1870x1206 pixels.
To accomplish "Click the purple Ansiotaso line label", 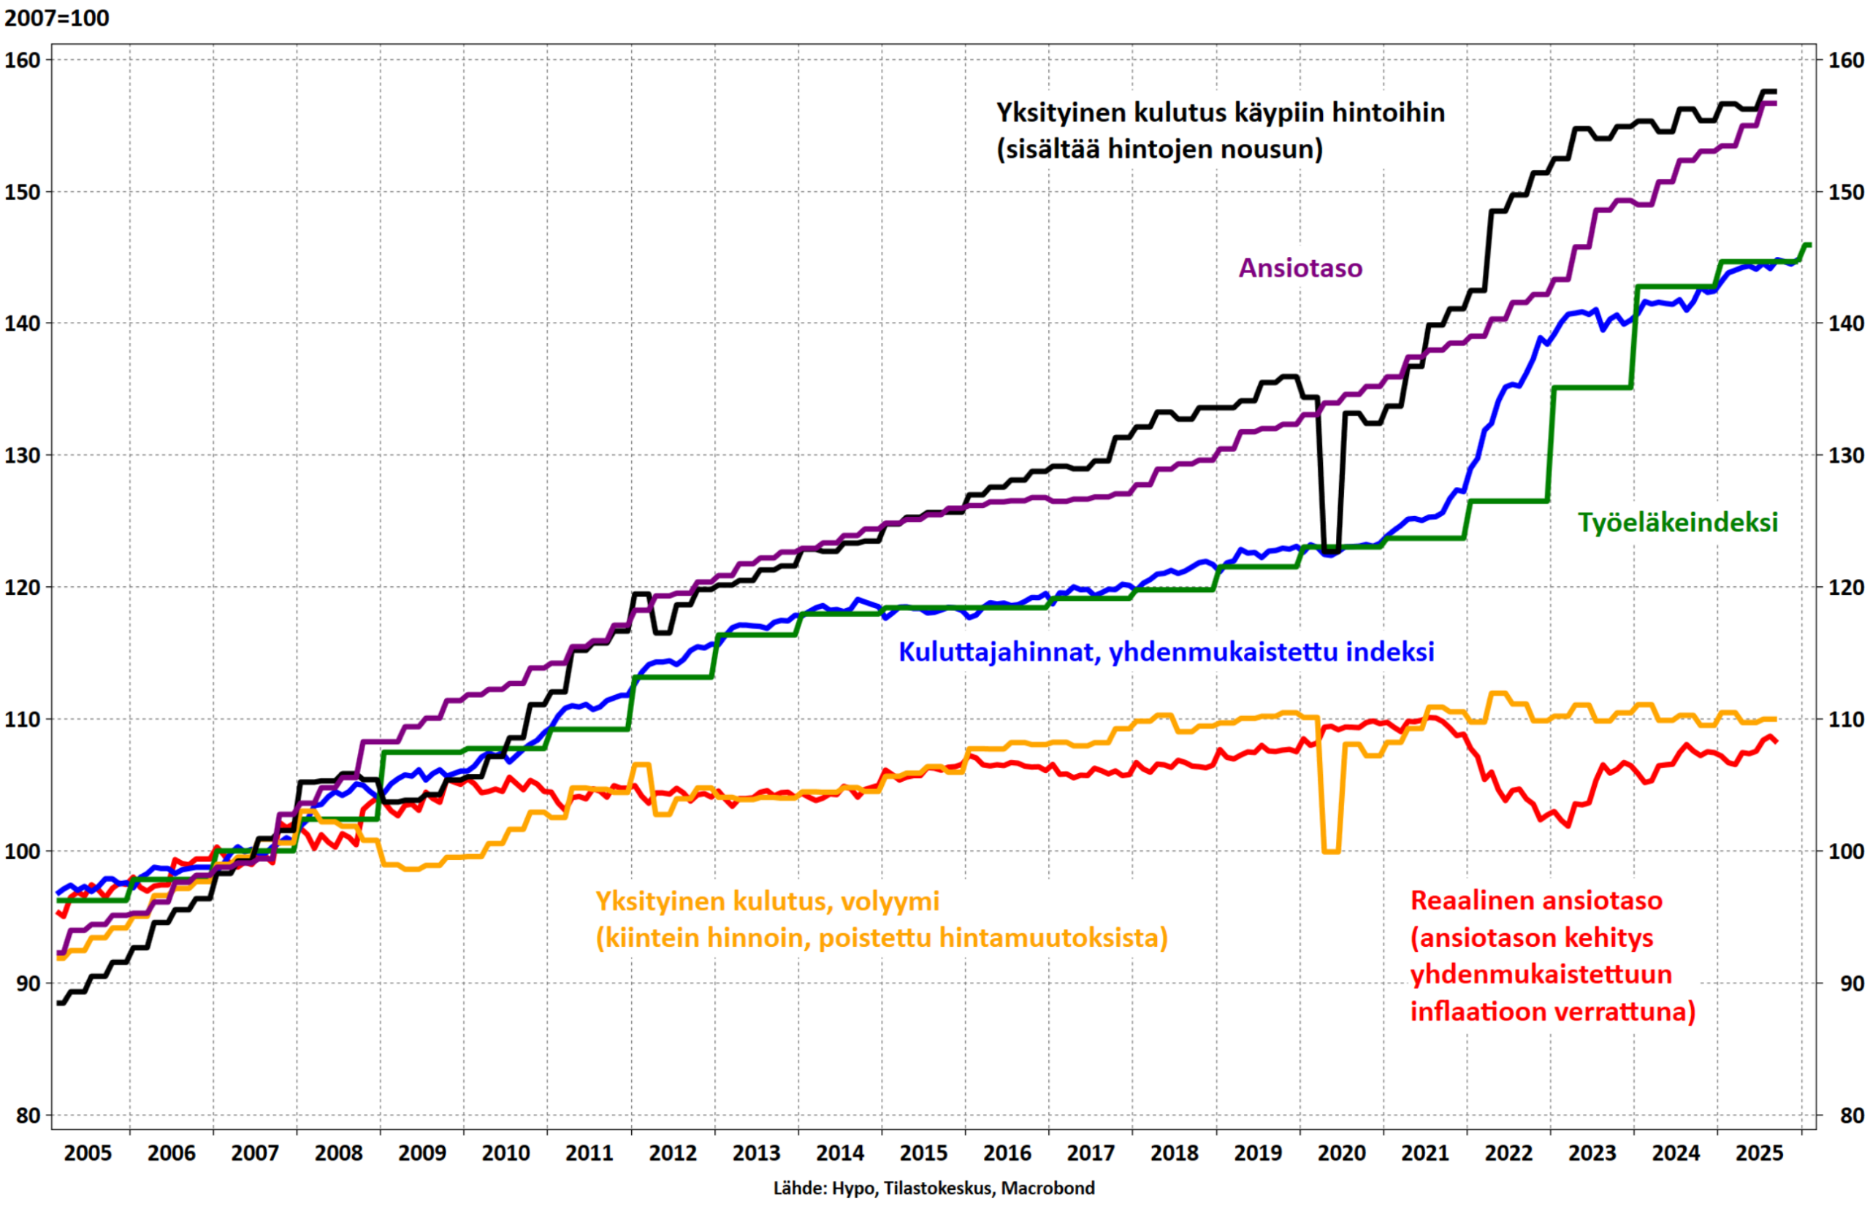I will pyautogui.click(x=1300, y=268).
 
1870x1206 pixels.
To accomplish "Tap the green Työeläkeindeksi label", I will pyautogui.click(x=1677, y=523).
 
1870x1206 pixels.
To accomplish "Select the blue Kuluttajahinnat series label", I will pyautogui.click(x=1166, y=652).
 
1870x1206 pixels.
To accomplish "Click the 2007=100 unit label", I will pyautogui.click(x=56, y=18).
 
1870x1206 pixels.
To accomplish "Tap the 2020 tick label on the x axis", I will pyautogui.click(x=1342, y=1153).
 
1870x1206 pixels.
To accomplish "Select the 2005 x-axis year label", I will pyautogui.click(x=88, y=1153).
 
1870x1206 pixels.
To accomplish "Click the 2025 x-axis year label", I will pyautogui.click(x=1760, y=1153).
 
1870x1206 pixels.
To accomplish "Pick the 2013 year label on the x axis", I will pyautogui.click(x=757, y=1153).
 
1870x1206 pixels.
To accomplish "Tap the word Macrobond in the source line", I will pyautogui.click(x=1047, y=1188).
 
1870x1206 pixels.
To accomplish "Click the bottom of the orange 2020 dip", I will pyautogui.click(x=1331, y=851).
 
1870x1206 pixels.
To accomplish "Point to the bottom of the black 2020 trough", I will pyautogui.click(x=1331, y=550).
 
